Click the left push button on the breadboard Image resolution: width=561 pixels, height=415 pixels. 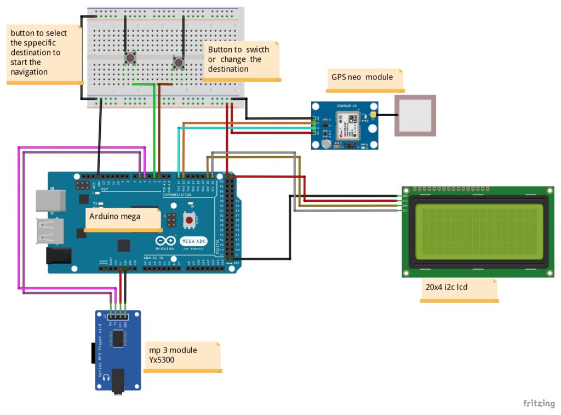(x=130, y=57)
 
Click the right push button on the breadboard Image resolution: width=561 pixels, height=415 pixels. (x=179, y=62)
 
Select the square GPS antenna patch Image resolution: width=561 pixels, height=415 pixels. (x=416, y=115)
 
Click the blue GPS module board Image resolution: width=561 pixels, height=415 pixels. (x=345, y=126)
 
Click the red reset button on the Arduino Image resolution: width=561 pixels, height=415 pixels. (x=190, y=220)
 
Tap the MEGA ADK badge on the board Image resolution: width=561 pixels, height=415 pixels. (x=193, y=241)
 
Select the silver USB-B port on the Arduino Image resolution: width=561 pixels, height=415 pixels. (x=50, y=200)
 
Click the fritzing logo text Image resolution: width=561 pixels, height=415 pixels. (x=539, y=403)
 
